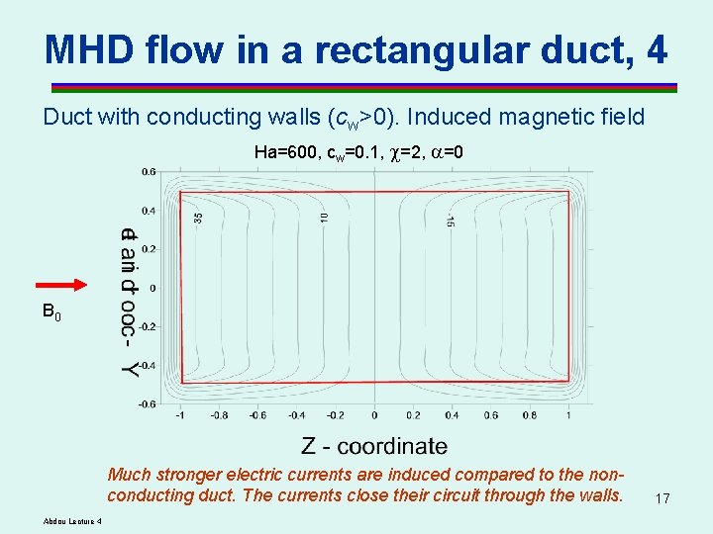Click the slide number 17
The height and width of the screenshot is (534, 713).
(662, 499)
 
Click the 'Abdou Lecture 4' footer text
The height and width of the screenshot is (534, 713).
(73, 522)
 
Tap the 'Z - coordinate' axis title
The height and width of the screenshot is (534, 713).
(374, 447)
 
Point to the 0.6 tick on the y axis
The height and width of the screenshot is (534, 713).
(148, 171)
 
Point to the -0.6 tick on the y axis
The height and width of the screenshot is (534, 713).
(146, 403)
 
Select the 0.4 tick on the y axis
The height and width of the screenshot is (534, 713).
(148, 211)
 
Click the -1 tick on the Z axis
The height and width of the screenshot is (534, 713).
(178, 415)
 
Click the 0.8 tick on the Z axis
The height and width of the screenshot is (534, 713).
(530, 415)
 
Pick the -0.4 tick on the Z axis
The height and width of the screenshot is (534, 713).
(295, 415)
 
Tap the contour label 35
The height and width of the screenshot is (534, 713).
(198, 217)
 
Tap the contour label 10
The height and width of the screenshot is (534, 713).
(324, 214)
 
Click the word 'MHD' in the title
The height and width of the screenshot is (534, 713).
(93, 47)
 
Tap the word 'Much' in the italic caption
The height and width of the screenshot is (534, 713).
(129, 474)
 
